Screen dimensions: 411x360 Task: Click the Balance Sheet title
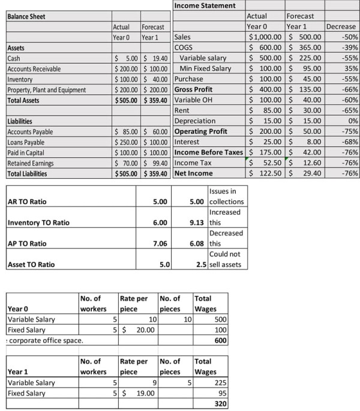28,16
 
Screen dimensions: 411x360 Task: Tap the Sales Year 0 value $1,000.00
266,37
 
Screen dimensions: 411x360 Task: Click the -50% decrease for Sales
349,37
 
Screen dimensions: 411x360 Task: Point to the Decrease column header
341,26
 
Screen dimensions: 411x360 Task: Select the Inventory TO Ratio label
38,223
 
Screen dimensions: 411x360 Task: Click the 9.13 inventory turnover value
197,223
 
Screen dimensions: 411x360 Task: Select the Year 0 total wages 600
221,341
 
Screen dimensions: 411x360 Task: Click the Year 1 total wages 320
221,404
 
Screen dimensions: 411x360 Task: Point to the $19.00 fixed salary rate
142,394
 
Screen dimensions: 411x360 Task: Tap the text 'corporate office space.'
46,341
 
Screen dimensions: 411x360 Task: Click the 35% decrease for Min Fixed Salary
351,68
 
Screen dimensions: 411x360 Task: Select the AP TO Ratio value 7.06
159,244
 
